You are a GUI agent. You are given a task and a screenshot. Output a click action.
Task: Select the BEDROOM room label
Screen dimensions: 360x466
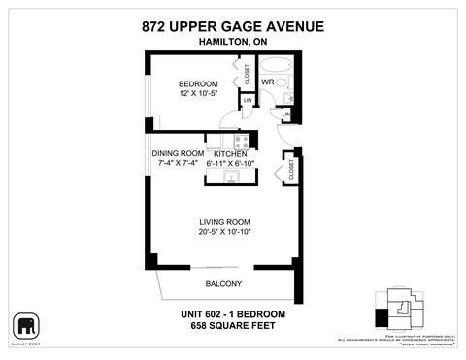[x=197, y=84]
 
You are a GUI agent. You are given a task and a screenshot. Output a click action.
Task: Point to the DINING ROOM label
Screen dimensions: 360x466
[x=178, y=154]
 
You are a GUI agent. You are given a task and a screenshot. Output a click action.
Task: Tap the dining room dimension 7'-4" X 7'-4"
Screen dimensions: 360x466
[x=178, y=164]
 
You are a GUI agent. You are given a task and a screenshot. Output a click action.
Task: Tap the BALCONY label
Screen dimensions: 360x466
[x=223, y=284]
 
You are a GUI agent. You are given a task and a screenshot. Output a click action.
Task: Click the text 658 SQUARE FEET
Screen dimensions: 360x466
[x=232, y=326]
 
